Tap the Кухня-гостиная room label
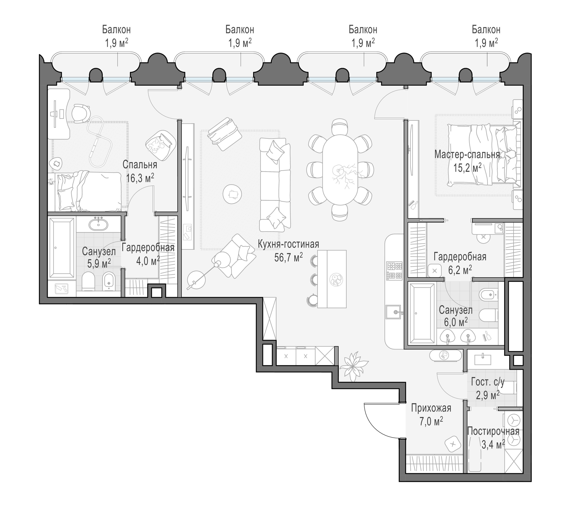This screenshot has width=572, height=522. pos(289,244)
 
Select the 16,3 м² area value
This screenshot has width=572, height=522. pos(140,178)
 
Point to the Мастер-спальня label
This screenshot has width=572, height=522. pos(467,155)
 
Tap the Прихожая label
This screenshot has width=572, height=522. pos(431,409)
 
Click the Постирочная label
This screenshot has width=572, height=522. pos(493,431)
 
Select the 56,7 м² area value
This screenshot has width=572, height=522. pos(289,257)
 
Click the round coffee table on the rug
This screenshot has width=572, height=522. pos(232,194)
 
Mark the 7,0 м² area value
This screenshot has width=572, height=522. pos(431,422)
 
